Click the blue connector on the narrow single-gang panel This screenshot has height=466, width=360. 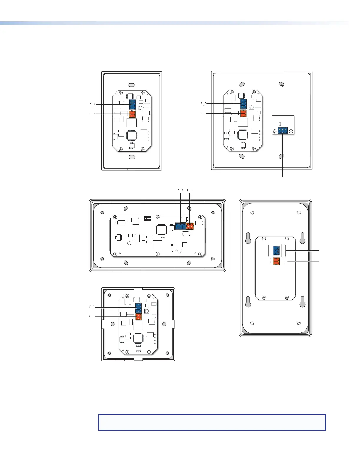point(132,105)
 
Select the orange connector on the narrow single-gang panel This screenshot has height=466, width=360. point(132,114)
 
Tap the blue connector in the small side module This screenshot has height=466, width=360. point(283,131)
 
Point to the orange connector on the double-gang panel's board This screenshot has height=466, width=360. point(243,113)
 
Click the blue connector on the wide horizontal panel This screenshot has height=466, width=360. point(180,226)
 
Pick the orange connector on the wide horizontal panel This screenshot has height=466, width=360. point(190,226)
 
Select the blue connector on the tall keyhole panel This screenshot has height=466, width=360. point(276,250)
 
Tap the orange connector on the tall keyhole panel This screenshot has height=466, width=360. point(276,261)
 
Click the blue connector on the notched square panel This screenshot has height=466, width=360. point(139,308)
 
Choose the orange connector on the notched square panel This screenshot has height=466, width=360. point(139,317)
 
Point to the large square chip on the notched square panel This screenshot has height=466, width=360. point(138,338)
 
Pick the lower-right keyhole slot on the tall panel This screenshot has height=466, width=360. point(302,302)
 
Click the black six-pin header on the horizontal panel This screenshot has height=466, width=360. point(148,219)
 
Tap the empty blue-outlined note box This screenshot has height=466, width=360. point(212,422)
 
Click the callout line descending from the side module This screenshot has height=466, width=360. point(283,156)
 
